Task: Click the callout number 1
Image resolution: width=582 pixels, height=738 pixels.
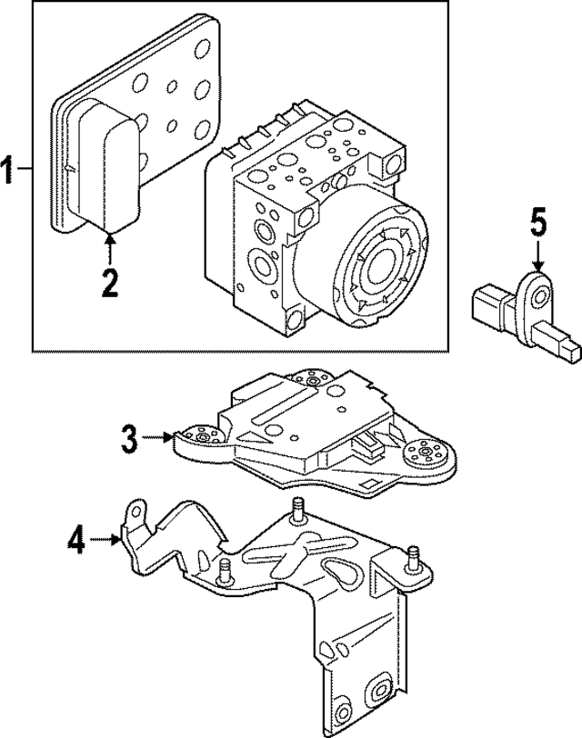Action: (x=8, y=169)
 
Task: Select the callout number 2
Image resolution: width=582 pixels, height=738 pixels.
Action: (x=109, y=283)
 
